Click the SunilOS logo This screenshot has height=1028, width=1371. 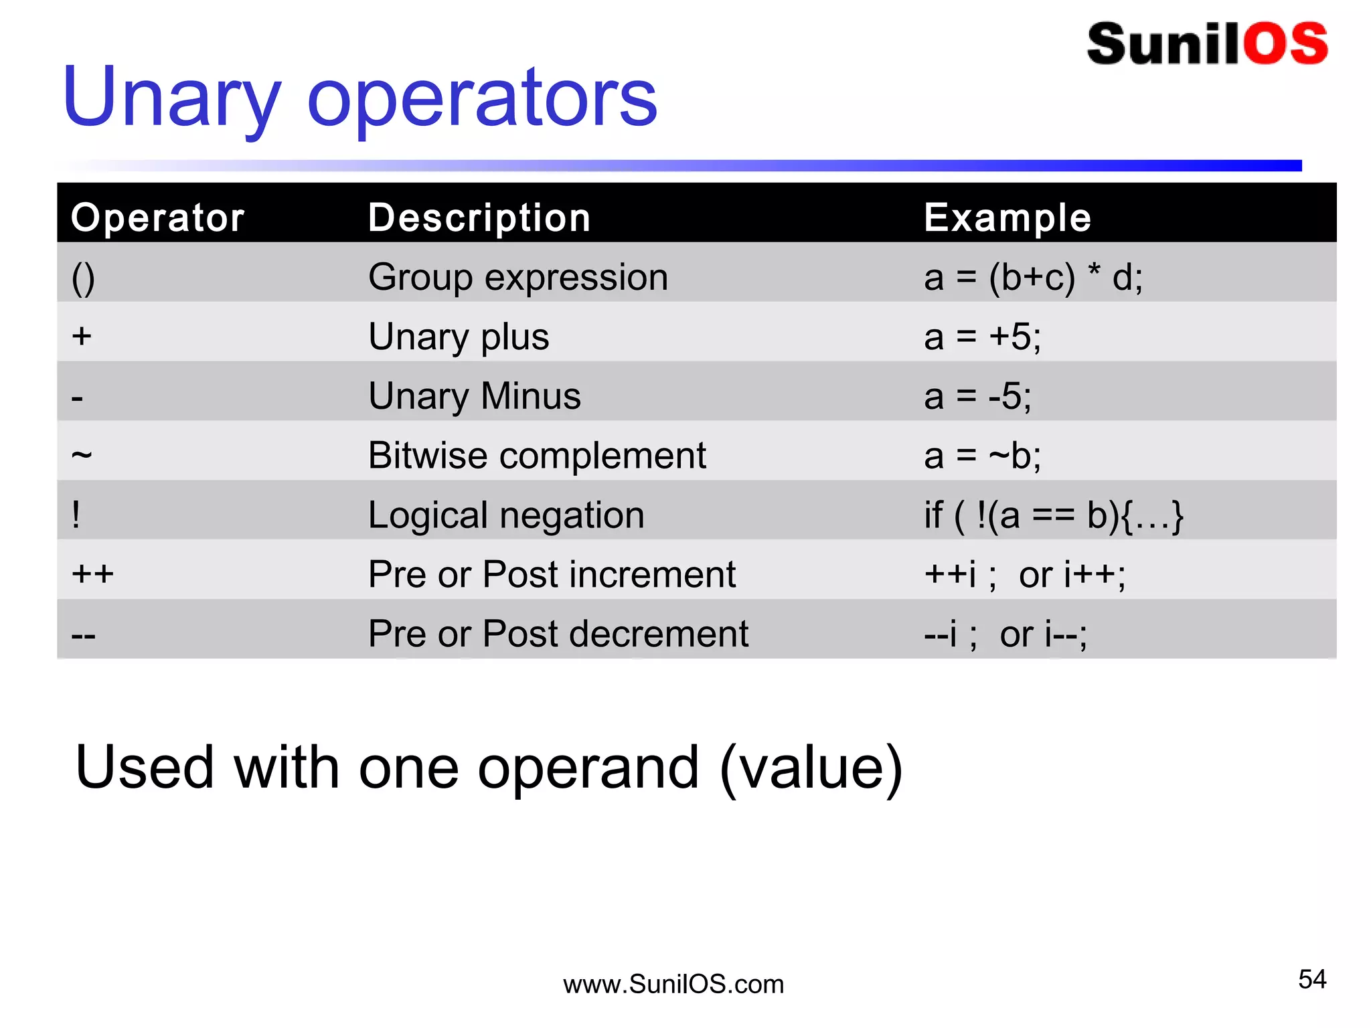tap(1207, 44)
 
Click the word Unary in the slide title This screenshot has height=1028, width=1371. tap(171, 98)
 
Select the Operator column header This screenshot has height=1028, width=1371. tap(158, 218)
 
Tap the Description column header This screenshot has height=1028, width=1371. tap(479, 218)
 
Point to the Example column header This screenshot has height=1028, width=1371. tap(1007, 218)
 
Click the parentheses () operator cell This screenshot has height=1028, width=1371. tap(83, 278)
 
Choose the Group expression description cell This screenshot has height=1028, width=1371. tap(518, 277)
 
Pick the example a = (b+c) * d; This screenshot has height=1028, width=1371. tap(1033, 277)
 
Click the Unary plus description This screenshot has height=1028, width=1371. tap(459, 336)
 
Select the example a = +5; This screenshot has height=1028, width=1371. tap(982, 336)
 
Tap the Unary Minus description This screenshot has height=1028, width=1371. tap(475, 396)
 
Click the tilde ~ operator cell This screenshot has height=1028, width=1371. tap(82, 455)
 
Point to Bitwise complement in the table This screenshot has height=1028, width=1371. tap(537, 455)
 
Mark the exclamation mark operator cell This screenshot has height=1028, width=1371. tap(76, 515)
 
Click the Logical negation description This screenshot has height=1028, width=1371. tap(506, 515)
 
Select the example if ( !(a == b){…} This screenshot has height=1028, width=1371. tap(1054, 515)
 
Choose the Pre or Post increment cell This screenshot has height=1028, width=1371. tap(552, 574)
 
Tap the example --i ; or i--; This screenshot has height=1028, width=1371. tap(1005, 634)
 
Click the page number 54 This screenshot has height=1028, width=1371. tap(1311, 979)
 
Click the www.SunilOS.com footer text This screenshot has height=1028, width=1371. tap(673, 984)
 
